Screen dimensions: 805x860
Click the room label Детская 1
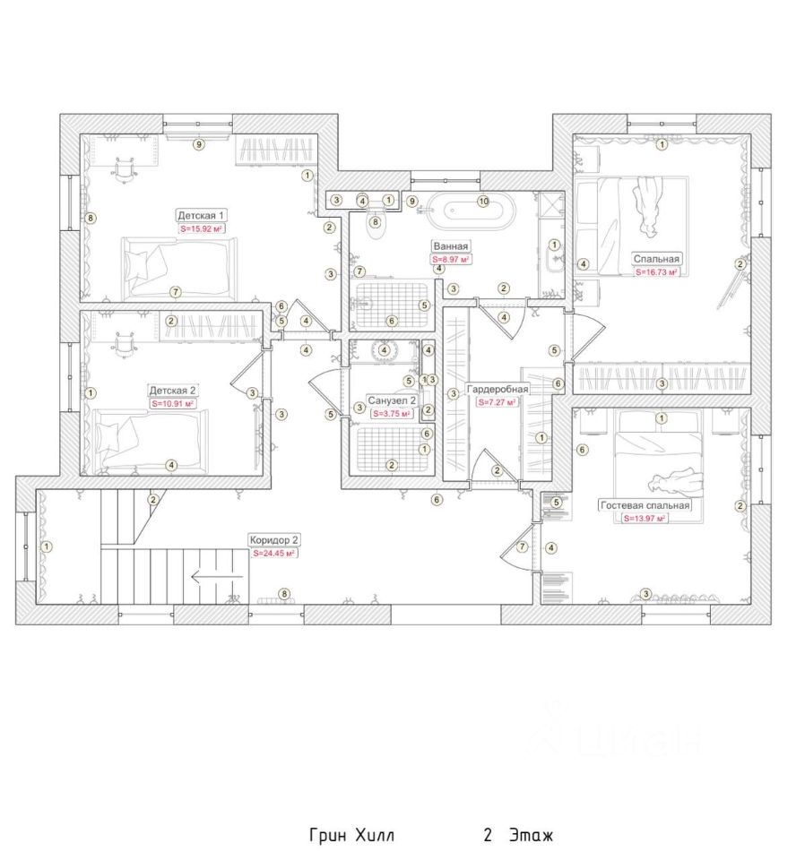point(202,216)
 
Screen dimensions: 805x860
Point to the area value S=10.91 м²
point(173,404)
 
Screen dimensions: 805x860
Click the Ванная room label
point(451,246)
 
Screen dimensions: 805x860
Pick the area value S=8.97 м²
point(451,259)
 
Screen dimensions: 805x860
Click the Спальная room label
point(656,258)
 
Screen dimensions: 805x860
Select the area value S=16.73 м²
point(656,271)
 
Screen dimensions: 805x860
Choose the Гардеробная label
point(498,390)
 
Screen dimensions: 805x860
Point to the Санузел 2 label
point(392,400)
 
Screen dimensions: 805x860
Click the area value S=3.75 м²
point(392,414)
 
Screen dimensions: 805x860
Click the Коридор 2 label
point(274,540)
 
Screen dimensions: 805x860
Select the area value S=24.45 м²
point(274,554)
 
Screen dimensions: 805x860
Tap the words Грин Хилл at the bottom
point(351,837)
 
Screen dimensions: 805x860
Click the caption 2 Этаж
point(518,837)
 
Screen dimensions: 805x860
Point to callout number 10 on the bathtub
point(482,201)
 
